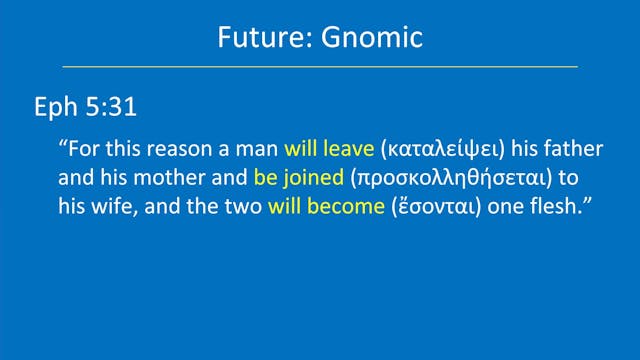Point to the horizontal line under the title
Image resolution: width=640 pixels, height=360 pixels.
tap(320, 66)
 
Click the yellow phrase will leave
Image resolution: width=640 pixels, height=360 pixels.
tap(328, 149)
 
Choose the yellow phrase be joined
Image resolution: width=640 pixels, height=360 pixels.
tap(284, 180)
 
